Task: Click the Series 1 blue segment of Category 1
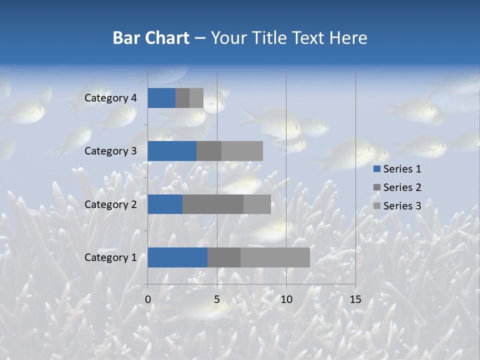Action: click(177, 257)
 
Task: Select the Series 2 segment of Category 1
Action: click(224, 257)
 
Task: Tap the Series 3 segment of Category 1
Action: click(275, 257)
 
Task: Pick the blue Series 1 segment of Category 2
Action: click(165, 204)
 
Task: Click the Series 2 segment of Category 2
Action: click(213, 204)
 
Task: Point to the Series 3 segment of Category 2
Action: click(257, 204)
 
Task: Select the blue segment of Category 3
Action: click(172, 151)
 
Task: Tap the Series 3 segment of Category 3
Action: click(242, 151)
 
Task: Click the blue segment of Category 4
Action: click(161, 98)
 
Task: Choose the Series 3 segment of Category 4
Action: click(196, 98)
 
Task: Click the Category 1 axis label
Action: click(110, 257)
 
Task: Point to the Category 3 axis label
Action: click(110, 151)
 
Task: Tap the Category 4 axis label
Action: click(110, 98)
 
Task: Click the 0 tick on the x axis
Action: click(148, 299)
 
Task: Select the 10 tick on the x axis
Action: click(286, 299)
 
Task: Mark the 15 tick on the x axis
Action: click(355, 299)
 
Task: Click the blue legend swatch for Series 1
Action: click(377, 169)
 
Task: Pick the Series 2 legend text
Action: click(402, 187)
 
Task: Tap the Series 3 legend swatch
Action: click(377, 206)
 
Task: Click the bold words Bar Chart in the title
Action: click(151, 38)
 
